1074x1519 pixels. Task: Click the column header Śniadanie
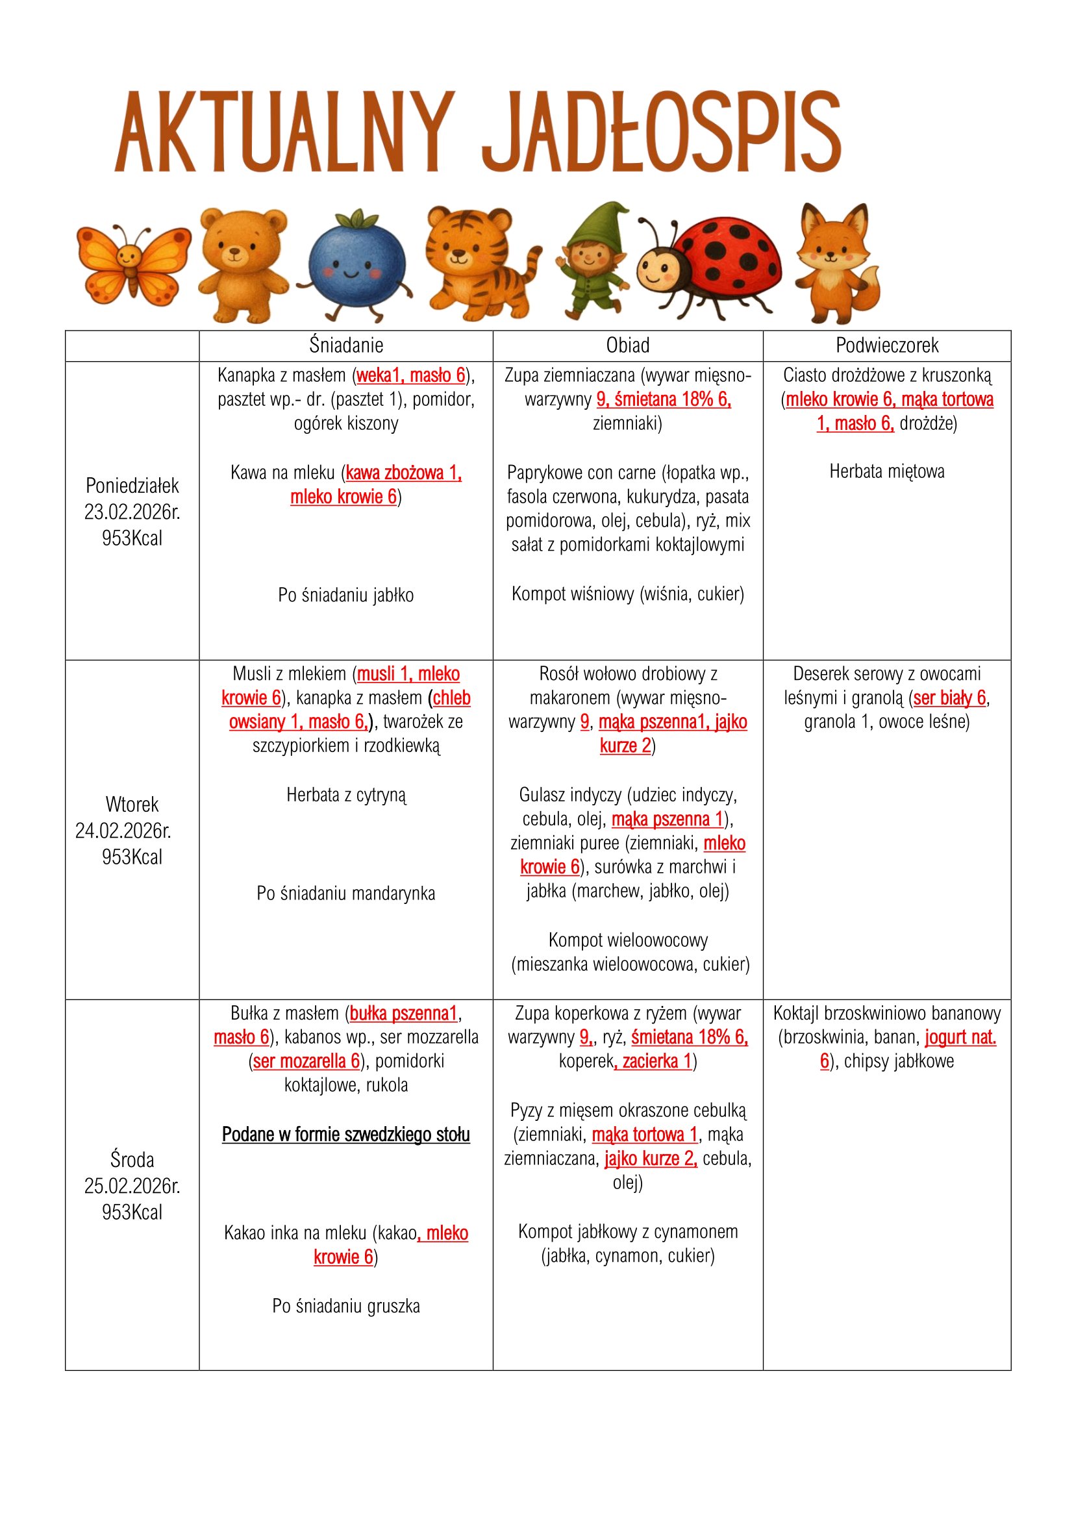tap(346, 345)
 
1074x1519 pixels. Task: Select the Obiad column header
tap(628, 345)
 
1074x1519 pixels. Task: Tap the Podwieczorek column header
tap(887, 345)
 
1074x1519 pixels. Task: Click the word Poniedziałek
tap(132, 486)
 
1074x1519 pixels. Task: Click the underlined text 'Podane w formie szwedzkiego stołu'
tap(346, 1135)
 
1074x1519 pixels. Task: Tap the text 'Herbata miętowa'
tap(887, 471)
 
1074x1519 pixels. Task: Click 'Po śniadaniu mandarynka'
tap(346, 894)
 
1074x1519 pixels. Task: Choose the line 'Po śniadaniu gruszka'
tap(346, 1306)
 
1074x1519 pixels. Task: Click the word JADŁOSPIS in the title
tap(661, 132)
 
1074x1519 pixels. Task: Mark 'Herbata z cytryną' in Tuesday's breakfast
tap(346, 796)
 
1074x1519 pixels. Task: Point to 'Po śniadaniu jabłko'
tap(346, 596)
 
